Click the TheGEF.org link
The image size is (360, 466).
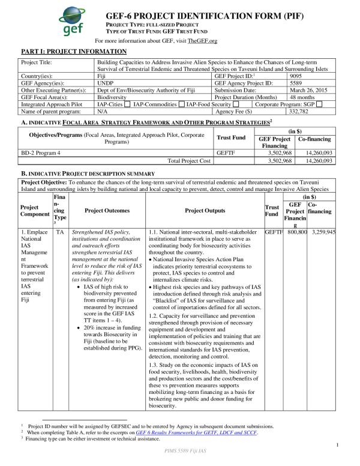click(203, 41)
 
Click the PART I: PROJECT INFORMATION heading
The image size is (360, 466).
click(74, 52)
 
